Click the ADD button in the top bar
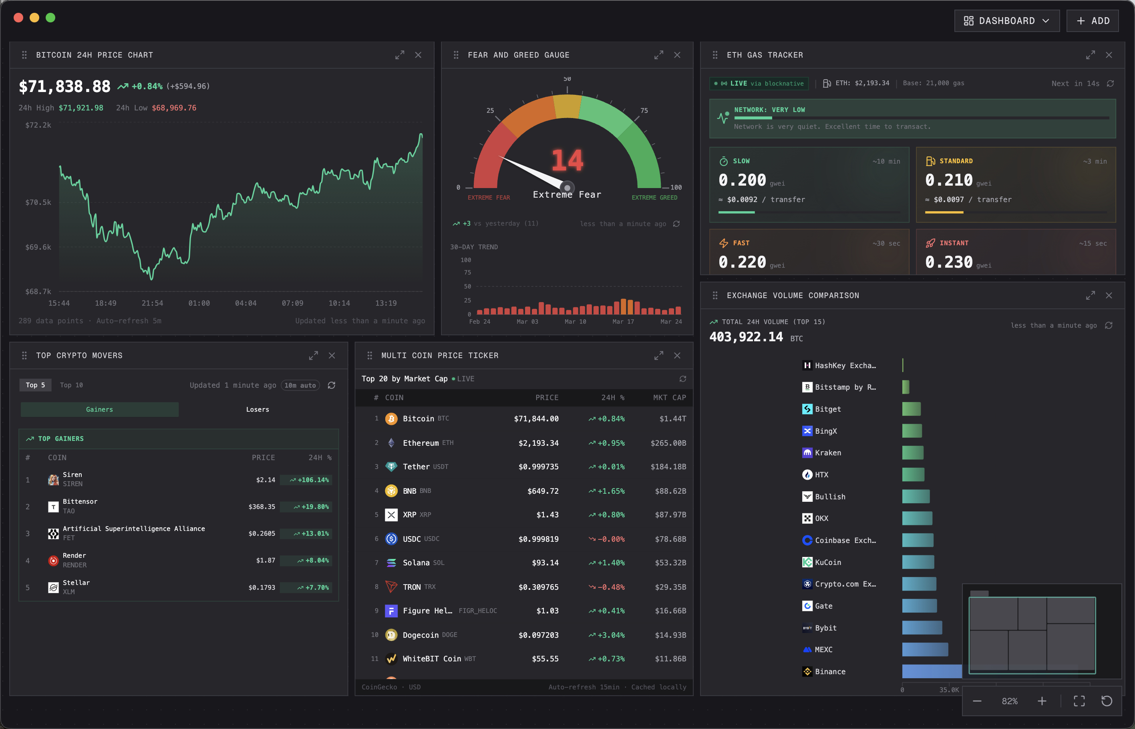click(1093, 21)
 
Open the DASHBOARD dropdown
click(1006, 21)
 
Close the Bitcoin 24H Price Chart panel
click(418, 55)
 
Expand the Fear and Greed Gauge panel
click(658, 55)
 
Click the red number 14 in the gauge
click(567, 160)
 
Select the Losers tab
click(257, 409)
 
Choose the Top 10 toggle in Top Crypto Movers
click(71, 385)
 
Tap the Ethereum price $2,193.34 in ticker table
click(538, 443)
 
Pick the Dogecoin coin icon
click(391, 635)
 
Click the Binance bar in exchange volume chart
click(931, 671)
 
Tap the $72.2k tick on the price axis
click(38, 125)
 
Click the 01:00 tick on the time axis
click(199, 303)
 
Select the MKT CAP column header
click(669, 398)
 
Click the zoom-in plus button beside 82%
click(1042, 701)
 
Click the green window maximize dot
click(50, 18)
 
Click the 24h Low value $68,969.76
click(174, 108)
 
